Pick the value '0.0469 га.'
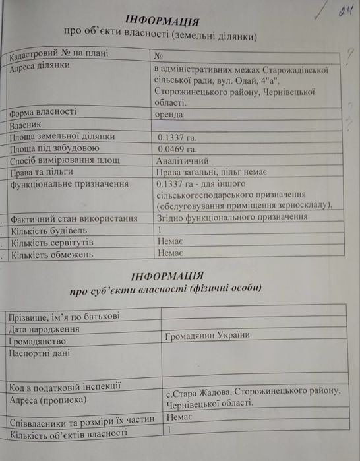pos(179,148)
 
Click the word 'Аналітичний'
pos(183,160)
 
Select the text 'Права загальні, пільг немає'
pos(210,172)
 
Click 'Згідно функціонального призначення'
pos(231,217)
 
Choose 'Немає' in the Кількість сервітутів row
pos(171,242)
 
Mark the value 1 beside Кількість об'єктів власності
pos(169,430)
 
